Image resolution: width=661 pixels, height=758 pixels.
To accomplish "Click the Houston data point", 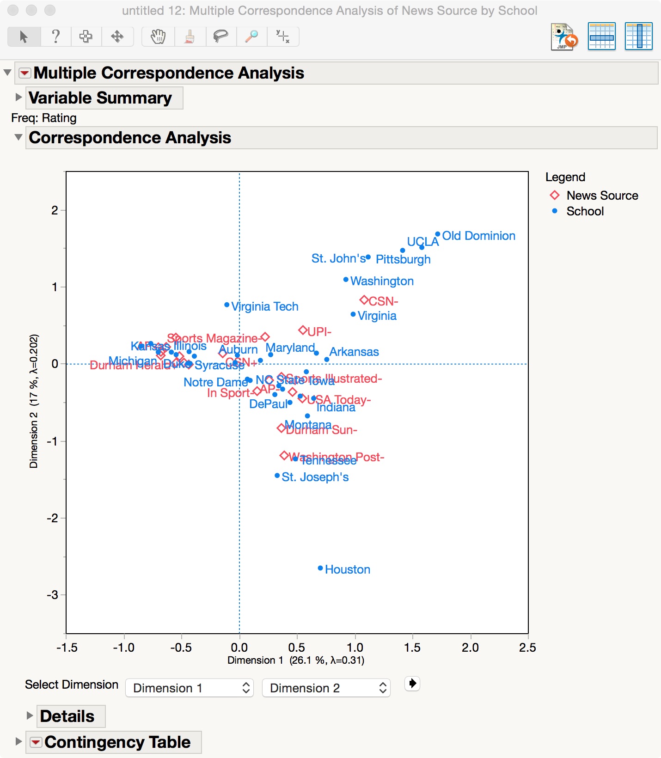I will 320,568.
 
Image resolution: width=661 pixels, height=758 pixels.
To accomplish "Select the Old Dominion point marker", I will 438,234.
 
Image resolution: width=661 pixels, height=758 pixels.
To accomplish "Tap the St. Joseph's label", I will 315,477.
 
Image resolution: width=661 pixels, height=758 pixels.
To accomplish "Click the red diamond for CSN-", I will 364,300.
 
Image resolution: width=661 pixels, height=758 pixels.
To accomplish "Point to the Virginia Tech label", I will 265,306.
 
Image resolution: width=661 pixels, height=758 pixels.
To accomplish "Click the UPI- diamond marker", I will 303,330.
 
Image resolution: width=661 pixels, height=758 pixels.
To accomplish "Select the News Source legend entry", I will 602,196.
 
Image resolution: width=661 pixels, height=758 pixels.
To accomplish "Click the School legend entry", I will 585,211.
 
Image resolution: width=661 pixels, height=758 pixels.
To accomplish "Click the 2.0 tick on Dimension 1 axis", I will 470,647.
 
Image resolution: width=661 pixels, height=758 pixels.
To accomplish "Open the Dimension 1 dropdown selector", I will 190,688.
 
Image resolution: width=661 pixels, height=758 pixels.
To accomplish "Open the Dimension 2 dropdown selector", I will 326,688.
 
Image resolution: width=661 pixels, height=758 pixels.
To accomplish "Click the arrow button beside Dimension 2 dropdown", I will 412,683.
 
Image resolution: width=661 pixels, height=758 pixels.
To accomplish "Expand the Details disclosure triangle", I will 30,715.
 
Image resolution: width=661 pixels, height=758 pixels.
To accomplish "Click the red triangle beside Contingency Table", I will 35,742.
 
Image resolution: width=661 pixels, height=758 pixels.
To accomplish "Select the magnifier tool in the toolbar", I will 251,37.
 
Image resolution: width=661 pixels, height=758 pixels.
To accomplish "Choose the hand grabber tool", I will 158,37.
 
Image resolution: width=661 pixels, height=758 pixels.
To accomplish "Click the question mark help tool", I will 55,37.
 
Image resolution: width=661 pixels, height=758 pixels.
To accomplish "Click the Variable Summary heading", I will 100,98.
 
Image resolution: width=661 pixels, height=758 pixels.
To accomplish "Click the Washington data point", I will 346,280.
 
